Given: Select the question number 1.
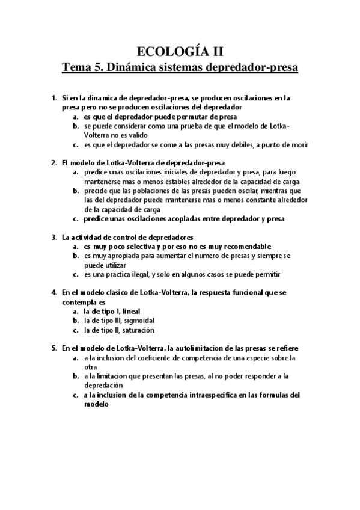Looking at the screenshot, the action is [54, 97].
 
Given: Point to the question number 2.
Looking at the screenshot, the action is [54, 162].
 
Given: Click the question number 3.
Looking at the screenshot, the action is [54, 237].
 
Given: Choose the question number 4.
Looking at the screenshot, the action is [54, 292].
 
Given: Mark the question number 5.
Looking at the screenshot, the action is [54, 348].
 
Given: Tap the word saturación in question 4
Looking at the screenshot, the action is [138, 330].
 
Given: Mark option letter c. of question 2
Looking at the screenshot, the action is [76, 219].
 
